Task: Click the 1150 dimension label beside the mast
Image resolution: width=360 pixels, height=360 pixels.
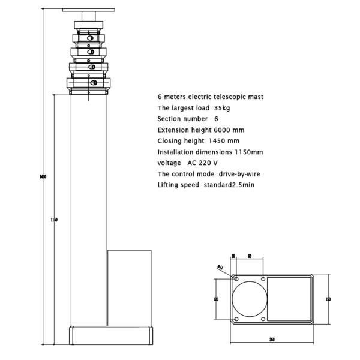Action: (x=54, y=220)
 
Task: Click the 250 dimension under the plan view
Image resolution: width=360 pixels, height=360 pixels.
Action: (x=272, y=340)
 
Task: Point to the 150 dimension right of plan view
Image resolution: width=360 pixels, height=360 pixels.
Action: (x=328, y=299)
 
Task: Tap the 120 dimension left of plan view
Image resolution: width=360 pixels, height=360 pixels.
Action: (x=215, y=299)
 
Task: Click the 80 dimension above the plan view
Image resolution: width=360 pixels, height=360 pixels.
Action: (x=249, y=255)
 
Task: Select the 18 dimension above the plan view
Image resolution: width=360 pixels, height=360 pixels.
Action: (x=233, y=255)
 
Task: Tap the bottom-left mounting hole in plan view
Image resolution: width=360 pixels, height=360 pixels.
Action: (x=236, y=319)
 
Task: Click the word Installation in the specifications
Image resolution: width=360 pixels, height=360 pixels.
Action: (x=175, y=152)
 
